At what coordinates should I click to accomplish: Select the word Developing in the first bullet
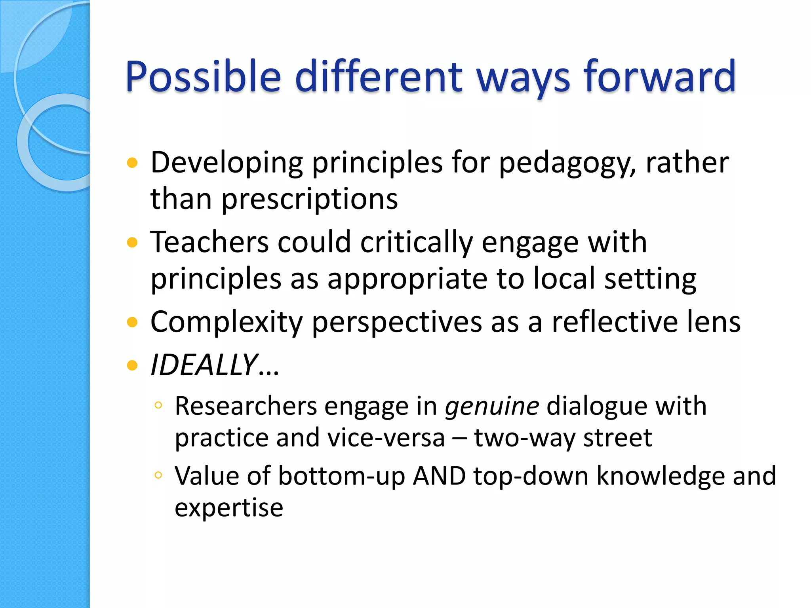click(x=227, y=163)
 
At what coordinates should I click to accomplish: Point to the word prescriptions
click(x=309, y=199)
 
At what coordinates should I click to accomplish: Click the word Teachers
click(x=209, y=242)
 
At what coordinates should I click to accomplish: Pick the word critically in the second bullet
click(x=416, y=242)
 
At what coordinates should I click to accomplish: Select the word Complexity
click(x=227, y=322)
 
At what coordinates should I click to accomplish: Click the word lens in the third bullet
click(x=713, y=322)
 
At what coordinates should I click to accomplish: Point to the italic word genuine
click(x=492, y=407)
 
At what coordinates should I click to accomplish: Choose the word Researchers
click(x=246, y=407)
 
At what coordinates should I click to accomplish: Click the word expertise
click(x=229, y=507)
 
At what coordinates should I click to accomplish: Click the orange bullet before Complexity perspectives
click(x=132, y=322)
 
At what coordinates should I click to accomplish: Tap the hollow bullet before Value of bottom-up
click(x=158, y=475)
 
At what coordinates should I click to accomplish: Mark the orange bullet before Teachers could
click(x=132, y=242)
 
